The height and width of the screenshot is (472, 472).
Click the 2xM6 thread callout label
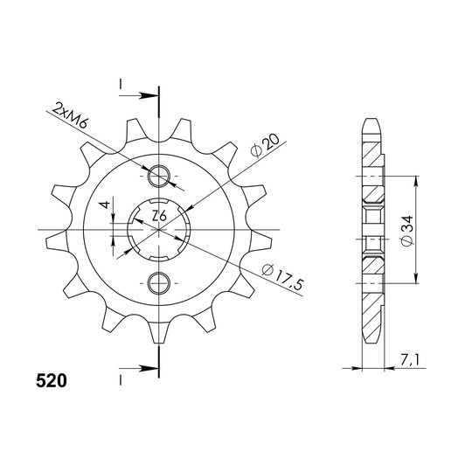(x=70, y=115)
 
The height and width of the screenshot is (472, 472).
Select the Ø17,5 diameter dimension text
(x=282, y=276)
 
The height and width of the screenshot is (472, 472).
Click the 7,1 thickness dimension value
(x=409, y=359)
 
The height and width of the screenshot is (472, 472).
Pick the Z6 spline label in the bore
(x=159, y=216)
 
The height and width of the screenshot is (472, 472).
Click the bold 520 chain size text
(x=52, y=381)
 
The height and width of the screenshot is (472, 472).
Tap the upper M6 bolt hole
(x=158, y=176)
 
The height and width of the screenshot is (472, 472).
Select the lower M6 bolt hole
(x=158, y=283)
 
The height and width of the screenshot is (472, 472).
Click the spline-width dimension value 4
(x=105, y=205)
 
